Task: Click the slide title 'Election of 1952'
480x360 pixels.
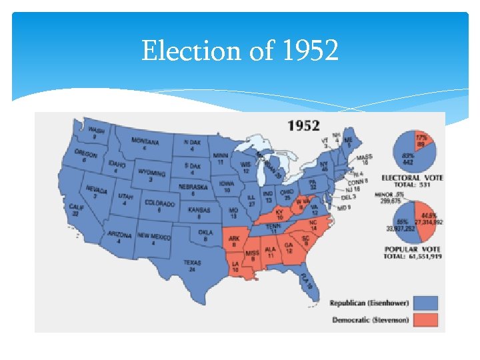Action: point(240,51)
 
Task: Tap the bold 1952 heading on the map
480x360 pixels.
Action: point(303,125)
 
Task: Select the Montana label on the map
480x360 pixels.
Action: point(145,142)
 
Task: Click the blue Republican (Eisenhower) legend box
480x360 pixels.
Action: point(426,303)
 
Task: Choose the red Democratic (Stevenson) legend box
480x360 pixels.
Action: point(426,320)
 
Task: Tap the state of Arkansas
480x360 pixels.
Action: point(235,240)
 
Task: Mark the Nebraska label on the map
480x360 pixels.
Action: point(193,187)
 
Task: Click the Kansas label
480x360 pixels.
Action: point(199,209)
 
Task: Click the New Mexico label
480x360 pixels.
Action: point(154,236)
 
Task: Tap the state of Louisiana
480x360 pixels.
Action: point(238,269)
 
